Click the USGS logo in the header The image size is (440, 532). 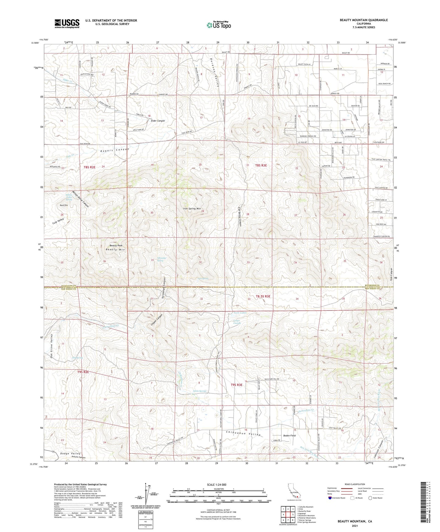67,23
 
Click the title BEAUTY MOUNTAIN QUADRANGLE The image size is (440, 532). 364,20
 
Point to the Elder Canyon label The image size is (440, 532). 158,121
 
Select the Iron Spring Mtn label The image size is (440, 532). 192,209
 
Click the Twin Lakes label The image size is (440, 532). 240,313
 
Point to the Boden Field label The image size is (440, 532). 289,436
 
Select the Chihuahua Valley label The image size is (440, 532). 243,433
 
